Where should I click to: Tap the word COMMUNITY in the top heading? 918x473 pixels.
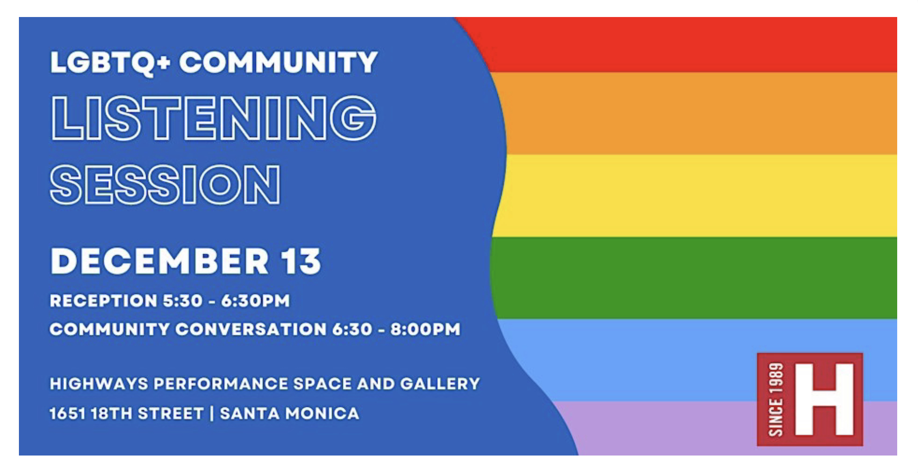pos(279,62)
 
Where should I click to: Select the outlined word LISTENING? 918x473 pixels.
pos(213,118)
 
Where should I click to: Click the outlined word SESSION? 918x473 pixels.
pos(165,184)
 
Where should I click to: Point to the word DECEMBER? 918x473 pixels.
pos(160,261)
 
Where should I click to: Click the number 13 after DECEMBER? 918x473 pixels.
pos(301,261)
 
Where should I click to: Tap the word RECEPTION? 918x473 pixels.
pos(104,301)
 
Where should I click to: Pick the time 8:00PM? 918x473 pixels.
pos(425,329)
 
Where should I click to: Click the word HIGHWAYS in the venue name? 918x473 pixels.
pos(99,384)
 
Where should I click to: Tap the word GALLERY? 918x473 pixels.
pos(440,384)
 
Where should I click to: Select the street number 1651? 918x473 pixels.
pos(68,413)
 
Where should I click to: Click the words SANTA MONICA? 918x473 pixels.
pos(289,413)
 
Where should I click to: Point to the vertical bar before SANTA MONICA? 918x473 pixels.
pos(211,413)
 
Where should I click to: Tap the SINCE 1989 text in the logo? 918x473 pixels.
pos(776,399)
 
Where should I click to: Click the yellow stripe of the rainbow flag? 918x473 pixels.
pos(695,195)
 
